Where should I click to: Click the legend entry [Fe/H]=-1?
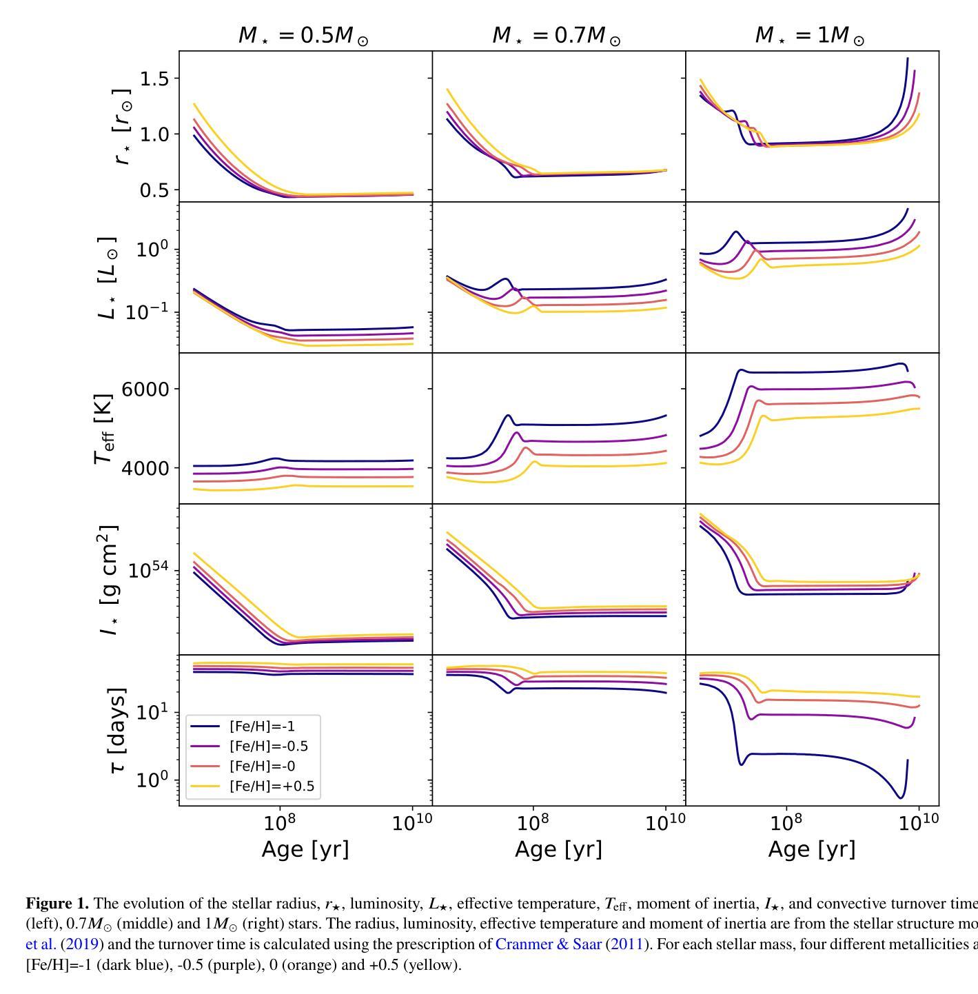[262, 727]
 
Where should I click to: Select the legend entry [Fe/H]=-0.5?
[268, 747]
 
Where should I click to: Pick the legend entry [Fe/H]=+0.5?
[272, 787]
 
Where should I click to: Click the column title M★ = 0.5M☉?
[303, 36]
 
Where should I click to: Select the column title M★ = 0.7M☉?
[556, 36]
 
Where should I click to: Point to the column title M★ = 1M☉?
[810, 36]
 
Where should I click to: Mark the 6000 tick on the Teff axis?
[145, 389]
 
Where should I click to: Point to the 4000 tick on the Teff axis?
[145, 468]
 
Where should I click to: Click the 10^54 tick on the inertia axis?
[148, 569]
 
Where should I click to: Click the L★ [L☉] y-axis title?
[108, 278]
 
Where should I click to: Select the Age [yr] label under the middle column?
[558, 849]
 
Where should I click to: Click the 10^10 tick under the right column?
[919, 823]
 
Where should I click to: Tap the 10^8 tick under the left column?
[279, 823]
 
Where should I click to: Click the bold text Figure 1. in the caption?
[57, 904]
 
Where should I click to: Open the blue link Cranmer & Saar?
[548, 944]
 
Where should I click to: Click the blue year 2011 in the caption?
[626, 944]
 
